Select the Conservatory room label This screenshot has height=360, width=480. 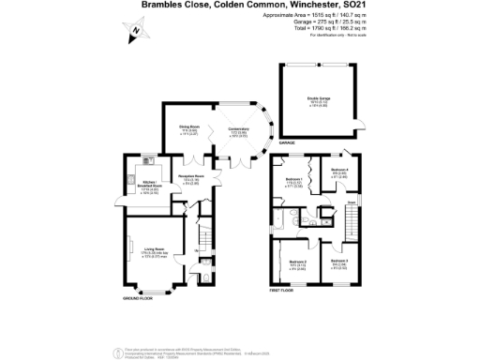[x=236, y=130]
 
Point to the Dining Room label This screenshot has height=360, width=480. [x=190, y=130]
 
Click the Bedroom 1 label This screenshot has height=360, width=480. [x=293, y=181]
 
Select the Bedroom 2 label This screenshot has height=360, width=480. [x=297, y=263]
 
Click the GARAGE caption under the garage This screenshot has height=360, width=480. [x=288, y=143]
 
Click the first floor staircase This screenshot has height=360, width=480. [x=353, y=225]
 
